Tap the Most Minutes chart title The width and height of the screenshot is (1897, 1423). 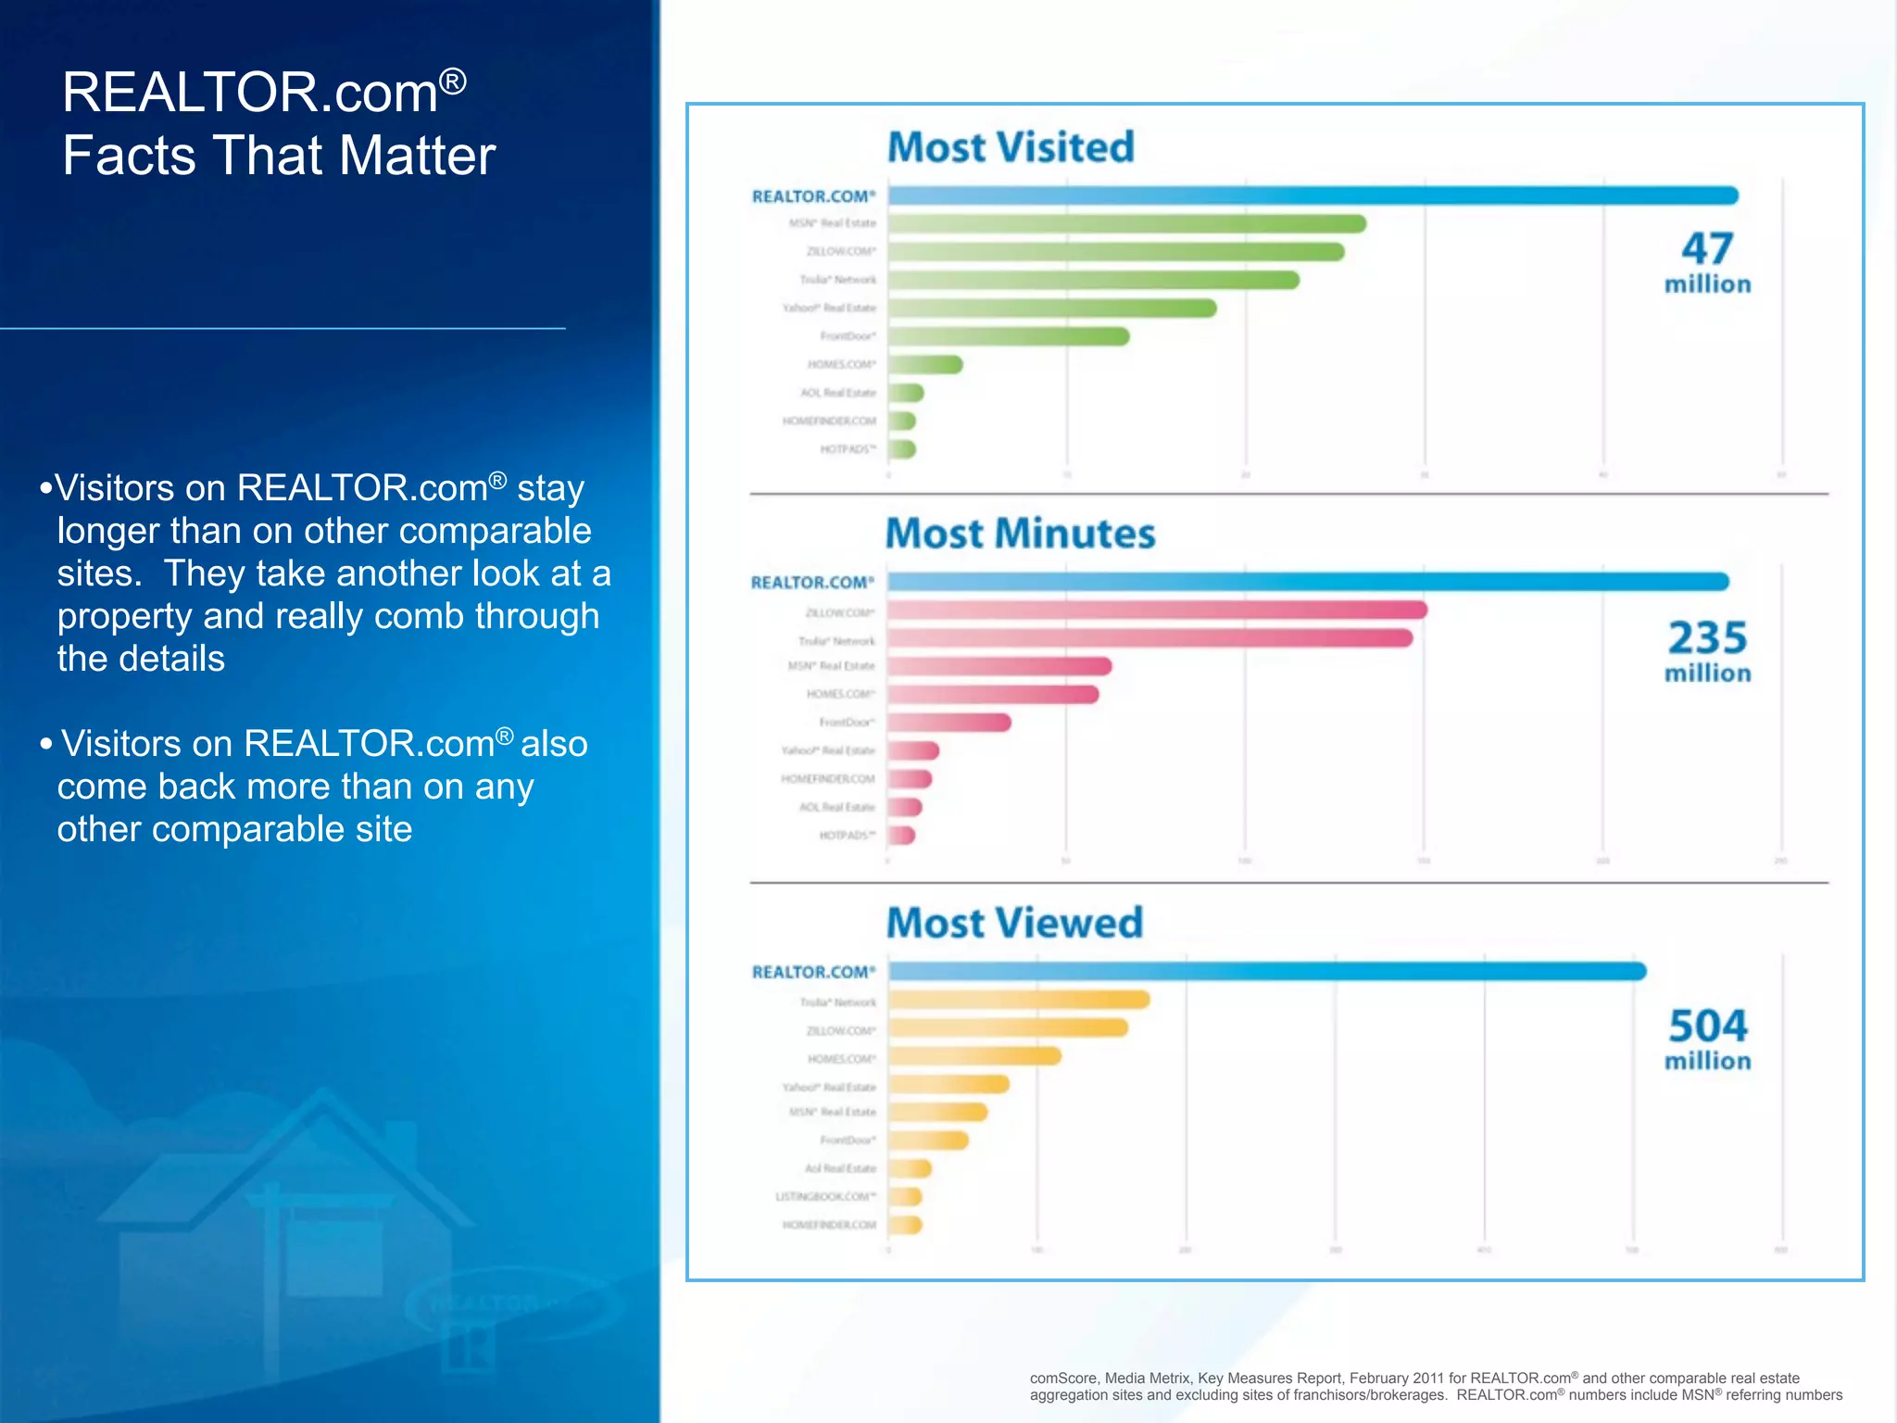[x=1020, y=535]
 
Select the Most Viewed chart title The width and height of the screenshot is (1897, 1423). [x=1014, y=924]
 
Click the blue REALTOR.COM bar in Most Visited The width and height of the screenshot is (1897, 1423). [x=1313, y=195]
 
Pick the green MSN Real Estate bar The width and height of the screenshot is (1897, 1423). [x=1126, y=224]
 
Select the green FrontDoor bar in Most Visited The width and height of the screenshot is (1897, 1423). [x=1009, y=336]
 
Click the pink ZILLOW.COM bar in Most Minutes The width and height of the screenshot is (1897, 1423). [x=1157, y=611]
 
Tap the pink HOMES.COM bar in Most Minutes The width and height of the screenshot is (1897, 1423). [x=993, y=695]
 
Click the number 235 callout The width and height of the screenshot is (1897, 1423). [x=1707, y=638]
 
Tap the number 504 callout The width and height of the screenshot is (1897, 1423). [x=1707, y=1026]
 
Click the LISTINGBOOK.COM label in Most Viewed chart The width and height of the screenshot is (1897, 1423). [x=825, y=1197]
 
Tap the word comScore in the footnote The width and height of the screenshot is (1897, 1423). [x=1063, y=1379]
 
